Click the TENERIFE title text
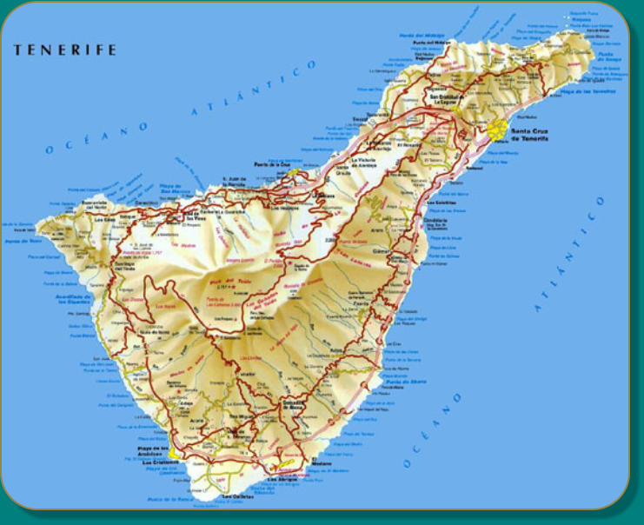point(64,50)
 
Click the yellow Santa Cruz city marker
point(498,130)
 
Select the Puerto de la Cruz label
point(272,163)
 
